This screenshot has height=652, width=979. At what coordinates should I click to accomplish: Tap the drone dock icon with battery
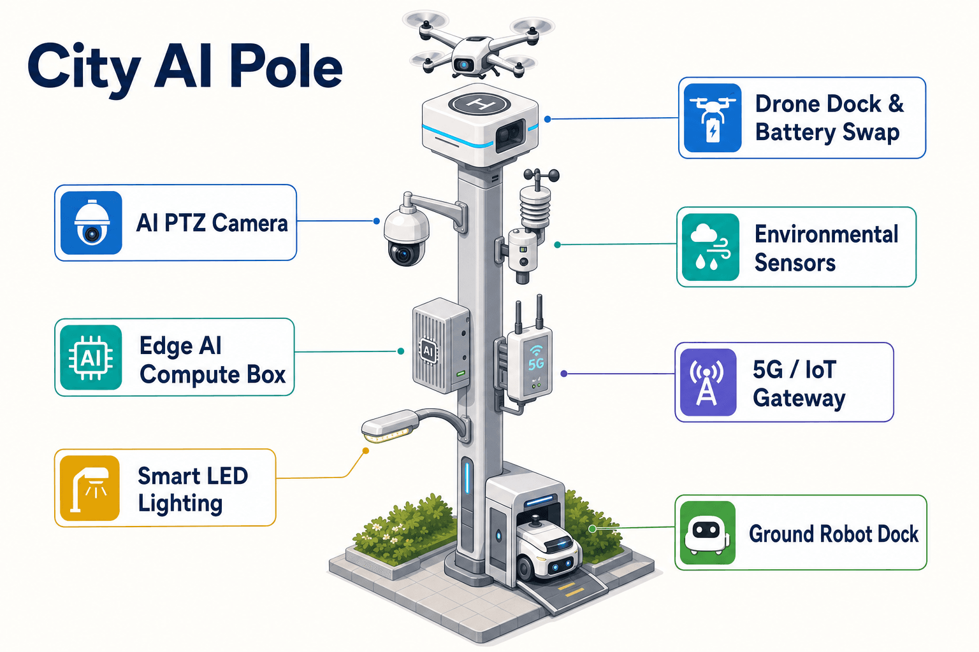(x=713, y=118)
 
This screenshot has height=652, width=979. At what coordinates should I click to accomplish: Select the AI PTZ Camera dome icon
(x=91, y=223)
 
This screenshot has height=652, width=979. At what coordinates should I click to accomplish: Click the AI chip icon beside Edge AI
(x=91, y=358)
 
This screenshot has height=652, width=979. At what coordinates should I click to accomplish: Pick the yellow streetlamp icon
(x=90, y=488)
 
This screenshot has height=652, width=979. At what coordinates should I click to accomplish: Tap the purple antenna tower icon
(x=708, y=382)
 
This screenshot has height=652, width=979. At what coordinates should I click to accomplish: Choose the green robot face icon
(x=707, y=533)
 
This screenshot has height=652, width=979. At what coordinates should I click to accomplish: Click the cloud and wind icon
(x=711, y=247)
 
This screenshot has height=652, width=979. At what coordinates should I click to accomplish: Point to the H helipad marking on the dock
(x=479, y=104)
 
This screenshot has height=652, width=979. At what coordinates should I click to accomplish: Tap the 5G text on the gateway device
(x=536, y=364)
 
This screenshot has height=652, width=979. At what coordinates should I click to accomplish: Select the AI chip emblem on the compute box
(x=428, y=350)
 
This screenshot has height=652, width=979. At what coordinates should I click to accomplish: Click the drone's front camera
(x=464, y=65)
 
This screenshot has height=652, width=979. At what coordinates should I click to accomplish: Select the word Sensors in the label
(x=795, y=263)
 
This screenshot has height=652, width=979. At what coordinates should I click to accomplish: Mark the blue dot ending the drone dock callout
(x=548, y=119)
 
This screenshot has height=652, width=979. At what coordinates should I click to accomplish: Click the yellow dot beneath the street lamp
(x=366, y=451)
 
